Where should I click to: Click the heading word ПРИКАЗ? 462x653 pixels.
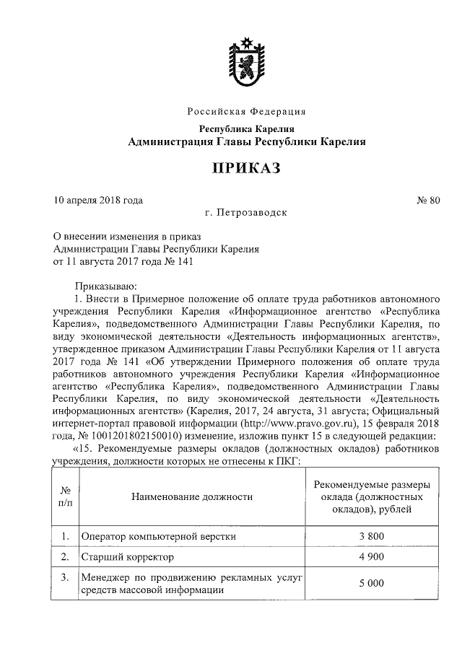[x=245, y=168]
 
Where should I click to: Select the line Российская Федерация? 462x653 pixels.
[x=246, y=112]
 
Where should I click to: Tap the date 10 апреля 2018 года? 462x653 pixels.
[x=98, y=200]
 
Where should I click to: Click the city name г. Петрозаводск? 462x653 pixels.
[x=245, y=214]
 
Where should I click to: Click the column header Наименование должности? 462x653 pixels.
[x=192, y=496]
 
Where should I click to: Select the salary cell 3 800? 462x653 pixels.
[x=371, y=537]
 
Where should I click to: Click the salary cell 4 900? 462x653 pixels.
[x=371, y=558]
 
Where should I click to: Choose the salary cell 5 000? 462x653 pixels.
[x=371, y=584]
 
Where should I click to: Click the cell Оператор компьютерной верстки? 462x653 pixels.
[x=158, y=538]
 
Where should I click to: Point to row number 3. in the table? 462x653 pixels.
[x=65, y=577]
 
